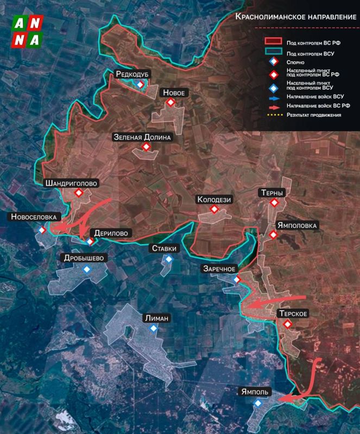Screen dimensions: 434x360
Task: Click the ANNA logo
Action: (x=28, y=31)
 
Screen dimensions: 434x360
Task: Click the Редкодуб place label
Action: (x=132, y=74)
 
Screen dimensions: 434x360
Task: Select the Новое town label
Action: (x=174, y=93)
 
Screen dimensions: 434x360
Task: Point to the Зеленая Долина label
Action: (x=142, y=137)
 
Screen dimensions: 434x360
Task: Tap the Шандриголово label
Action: (x=72, y=183)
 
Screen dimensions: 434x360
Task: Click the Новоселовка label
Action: (x=34, y=217)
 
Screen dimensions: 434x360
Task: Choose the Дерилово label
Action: (x=111, y=233)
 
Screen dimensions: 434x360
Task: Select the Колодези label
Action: (x=214, y=200)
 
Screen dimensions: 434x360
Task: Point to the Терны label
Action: (x=273, y=193)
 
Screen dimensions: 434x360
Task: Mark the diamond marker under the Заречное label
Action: (x=237, y=279)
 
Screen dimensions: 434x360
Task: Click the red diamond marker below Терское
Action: (x=288, y=324)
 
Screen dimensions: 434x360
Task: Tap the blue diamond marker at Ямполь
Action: (x=258, y=403)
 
